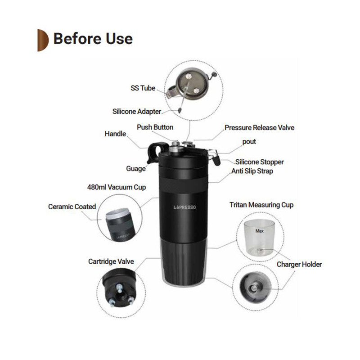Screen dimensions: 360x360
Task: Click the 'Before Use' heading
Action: [93, 39]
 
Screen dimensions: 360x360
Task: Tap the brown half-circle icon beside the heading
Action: [43, 40]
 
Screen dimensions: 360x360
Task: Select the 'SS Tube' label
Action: [143, 88]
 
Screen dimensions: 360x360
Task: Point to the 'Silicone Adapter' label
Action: [137, 111]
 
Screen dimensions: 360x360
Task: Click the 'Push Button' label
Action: [155, 127]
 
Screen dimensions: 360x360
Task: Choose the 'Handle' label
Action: [115, 134]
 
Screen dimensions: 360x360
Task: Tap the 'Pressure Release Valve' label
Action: [260, 127]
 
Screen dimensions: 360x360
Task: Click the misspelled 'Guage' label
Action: [136, 168]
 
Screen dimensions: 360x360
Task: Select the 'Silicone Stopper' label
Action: [260, 162]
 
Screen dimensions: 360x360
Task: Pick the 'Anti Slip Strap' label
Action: [252, 171]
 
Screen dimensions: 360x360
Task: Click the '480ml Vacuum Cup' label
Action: [117, 187]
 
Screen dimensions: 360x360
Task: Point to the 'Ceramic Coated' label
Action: [72, 207]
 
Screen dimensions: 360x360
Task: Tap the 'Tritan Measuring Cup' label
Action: [261, 205]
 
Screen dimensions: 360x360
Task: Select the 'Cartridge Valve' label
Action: [111, 261]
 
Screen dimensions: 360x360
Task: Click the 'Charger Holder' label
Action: [299, 264]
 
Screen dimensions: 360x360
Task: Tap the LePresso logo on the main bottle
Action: [184, 207]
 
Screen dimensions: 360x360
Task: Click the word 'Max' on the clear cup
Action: [260, 231]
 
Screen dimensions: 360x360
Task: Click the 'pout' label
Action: [249, 142]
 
